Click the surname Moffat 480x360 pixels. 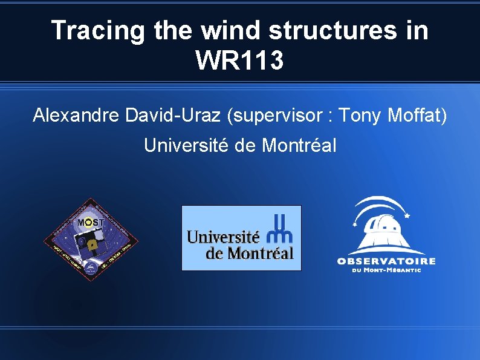point(418,114)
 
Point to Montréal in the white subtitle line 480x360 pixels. point(298,145)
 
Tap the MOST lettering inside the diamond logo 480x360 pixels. point(91,222)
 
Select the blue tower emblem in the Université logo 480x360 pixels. point(282,227)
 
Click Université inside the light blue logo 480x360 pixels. point(224,237)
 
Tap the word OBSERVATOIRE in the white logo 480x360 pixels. point(386,261)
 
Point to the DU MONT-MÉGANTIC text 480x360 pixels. point(386,270)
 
